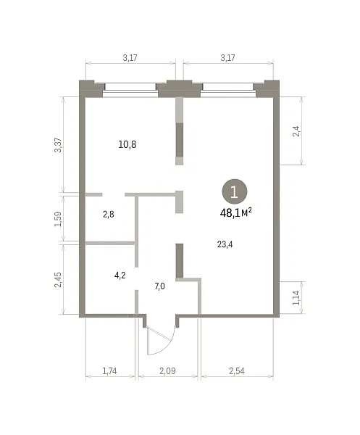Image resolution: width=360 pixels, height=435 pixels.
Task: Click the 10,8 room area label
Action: (127, 144)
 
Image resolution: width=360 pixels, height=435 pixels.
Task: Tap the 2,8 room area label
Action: (109, 215)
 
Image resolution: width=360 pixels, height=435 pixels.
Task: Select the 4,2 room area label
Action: (120, 275)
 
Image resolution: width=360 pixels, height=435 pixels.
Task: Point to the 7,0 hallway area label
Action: (159, 286)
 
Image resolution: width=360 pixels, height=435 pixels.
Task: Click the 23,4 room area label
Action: (225, 244)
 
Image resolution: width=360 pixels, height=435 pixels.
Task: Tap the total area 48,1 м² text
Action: (236, 212)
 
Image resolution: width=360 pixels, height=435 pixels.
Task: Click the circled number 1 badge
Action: (235, 191)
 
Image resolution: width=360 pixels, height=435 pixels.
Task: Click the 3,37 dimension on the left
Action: (58, 145)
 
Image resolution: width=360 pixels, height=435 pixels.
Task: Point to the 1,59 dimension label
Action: (58, 219)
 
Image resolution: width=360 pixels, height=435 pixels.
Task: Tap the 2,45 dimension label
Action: (58, 280)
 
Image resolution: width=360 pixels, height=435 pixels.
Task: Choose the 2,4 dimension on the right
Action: (296, 131)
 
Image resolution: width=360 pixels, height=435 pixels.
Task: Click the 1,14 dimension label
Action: (296, 298)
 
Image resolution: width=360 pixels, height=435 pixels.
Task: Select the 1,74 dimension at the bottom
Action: (109, 370)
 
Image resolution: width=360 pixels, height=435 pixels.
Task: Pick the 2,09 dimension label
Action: (167, 370)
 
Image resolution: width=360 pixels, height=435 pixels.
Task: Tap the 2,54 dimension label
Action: (237, 370)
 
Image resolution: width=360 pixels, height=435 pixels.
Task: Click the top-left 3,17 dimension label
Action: (130, 58)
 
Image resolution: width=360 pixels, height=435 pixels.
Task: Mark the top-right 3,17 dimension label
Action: (227, 58)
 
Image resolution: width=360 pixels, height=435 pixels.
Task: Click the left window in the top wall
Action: (130, 90)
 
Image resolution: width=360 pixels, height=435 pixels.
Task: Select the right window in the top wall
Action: (227, 90)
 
